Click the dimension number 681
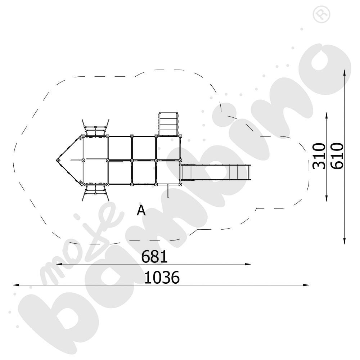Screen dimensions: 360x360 point(154,257)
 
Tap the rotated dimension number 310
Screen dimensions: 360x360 point(319,156)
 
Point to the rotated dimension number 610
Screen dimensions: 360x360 point(337,156)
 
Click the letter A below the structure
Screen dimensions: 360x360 point(141,210)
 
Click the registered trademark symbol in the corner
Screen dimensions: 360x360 point(321,14)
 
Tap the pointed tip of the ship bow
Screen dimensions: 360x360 point(57,160)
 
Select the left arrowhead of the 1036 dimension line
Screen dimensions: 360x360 point(15,285)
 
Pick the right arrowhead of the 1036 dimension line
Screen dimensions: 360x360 point(306,285)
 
